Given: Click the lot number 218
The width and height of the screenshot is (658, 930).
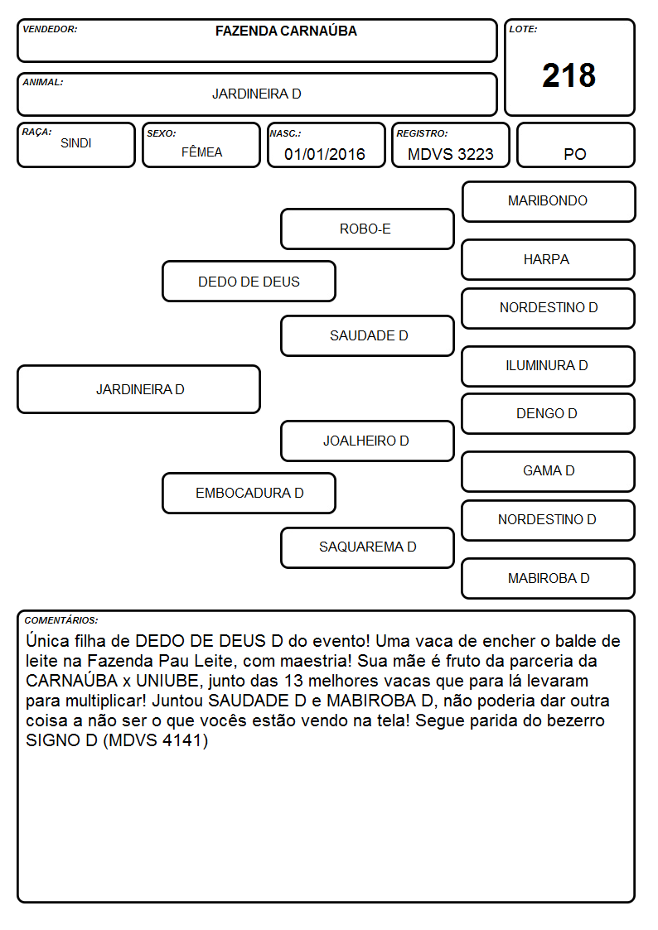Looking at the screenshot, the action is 568,76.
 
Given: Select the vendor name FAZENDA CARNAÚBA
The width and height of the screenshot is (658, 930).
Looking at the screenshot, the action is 286,31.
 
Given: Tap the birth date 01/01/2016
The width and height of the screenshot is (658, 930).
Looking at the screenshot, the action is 325,154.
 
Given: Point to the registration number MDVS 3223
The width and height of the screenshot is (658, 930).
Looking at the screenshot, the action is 450,154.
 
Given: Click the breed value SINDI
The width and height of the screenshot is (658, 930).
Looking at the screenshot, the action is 76,143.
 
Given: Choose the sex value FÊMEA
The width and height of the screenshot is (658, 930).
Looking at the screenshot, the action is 201,152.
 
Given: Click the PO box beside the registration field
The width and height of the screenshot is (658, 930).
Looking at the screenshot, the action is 575,145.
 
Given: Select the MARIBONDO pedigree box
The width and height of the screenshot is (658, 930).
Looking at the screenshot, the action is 549,202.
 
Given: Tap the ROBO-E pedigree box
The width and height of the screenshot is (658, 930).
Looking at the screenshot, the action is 367,229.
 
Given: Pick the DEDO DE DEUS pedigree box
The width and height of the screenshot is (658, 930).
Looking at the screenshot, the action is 249,281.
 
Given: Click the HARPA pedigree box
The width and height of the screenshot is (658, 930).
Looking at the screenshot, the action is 549,259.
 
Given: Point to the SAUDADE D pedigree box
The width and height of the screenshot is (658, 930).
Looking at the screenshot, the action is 367,335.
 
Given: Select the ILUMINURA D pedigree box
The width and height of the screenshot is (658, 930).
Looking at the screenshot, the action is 549,366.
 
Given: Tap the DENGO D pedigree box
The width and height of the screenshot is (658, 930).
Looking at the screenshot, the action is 549,413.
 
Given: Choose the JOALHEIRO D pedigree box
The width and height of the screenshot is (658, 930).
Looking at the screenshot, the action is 367,441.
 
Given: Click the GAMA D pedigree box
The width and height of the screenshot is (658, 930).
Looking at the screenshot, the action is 549,471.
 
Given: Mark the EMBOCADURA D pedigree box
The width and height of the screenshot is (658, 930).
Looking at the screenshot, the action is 249,493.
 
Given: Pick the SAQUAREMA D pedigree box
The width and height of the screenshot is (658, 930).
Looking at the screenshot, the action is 367,547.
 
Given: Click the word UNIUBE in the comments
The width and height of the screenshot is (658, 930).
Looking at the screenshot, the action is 167,680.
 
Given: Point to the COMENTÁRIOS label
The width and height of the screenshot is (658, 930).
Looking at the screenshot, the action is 61,620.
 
